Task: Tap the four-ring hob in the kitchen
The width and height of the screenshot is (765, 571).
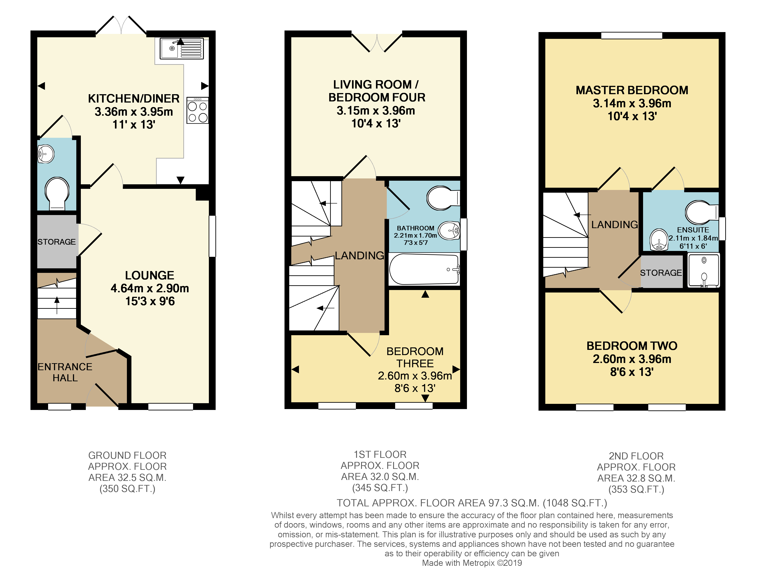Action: pos(197,111)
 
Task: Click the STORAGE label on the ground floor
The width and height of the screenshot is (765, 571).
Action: pos(56,242)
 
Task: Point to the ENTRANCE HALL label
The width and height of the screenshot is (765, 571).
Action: pos(65,372)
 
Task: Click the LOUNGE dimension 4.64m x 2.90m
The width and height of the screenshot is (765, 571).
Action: pos(150,288)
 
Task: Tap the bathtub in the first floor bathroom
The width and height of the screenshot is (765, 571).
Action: pos(424,269)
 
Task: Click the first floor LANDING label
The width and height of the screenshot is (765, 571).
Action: pos(359,255)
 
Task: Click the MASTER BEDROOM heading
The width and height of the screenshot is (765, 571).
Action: pos(632,90)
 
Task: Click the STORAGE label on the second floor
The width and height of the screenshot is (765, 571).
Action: pos(661,273)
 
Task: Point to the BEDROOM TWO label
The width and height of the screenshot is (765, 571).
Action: pos(632,346)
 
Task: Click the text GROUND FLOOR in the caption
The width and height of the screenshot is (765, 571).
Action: pos(127,455)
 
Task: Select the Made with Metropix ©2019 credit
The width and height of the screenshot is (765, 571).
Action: pos(472,563)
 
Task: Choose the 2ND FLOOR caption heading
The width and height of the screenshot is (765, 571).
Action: pos(636,456)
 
